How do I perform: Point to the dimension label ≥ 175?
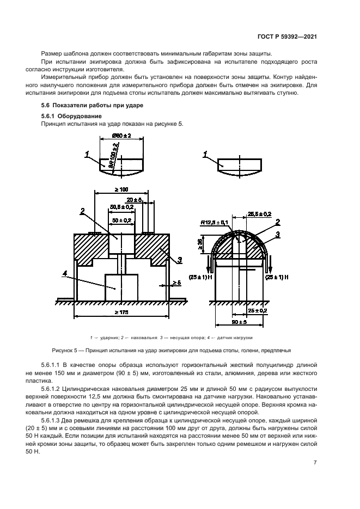coord(121,312)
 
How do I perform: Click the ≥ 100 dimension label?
coord(121,188)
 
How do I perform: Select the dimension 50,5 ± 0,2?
coord(121,207)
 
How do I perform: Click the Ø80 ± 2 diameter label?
coord(122,136)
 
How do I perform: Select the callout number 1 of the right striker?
coord(204,155)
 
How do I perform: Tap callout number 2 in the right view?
coord(277,222)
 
